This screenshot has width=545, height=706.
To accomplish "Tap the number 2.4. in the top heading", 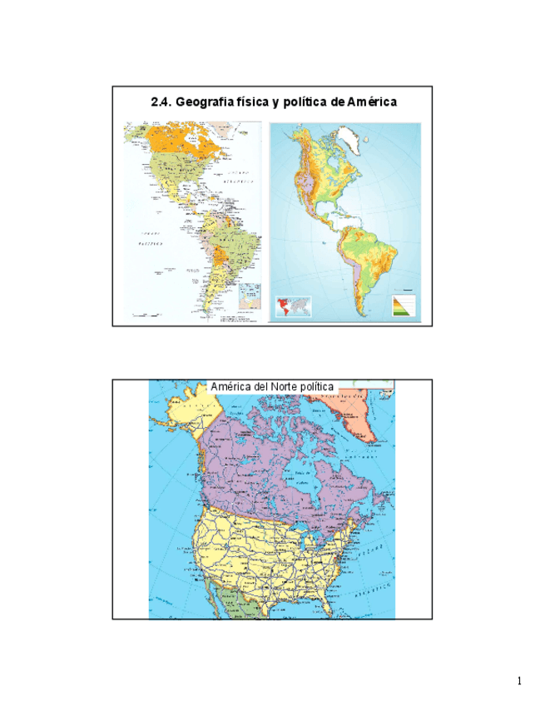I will [x=162, y=102].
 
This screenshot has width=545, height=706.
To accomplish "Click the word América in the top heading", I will [x=372, y=102].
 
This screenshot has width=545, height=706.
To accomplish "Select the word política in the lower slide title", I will [x=320, y=387].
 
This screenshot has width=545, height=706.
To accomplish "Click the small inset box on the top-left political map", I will [x=250, y=295].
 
